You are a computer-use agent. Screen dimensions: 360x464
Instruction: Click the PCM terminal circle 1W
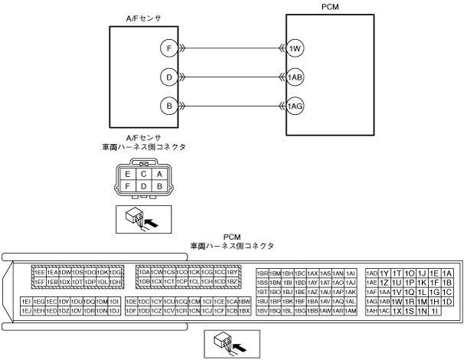(296, 48)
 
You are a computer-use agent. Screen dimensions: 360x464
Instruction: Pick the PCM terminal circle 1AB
(296, 77)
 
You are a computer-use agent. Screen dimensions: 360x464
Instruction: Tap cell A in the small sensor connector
(158, 174)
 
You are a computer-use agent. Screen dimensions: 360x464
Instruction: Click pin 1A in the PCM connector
(448, 273)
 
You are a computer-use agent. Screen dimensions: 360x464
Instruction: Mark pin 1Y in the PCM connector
(384, 273)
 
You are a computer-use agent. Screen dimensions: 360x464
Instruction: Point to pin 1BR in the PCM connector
(262, 273)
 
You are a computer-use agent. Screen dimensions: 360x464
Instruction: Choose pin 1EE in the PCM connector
(39, 272)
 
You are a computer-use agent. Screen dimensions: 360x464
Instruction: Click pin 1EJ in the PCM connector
(27, 311)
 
